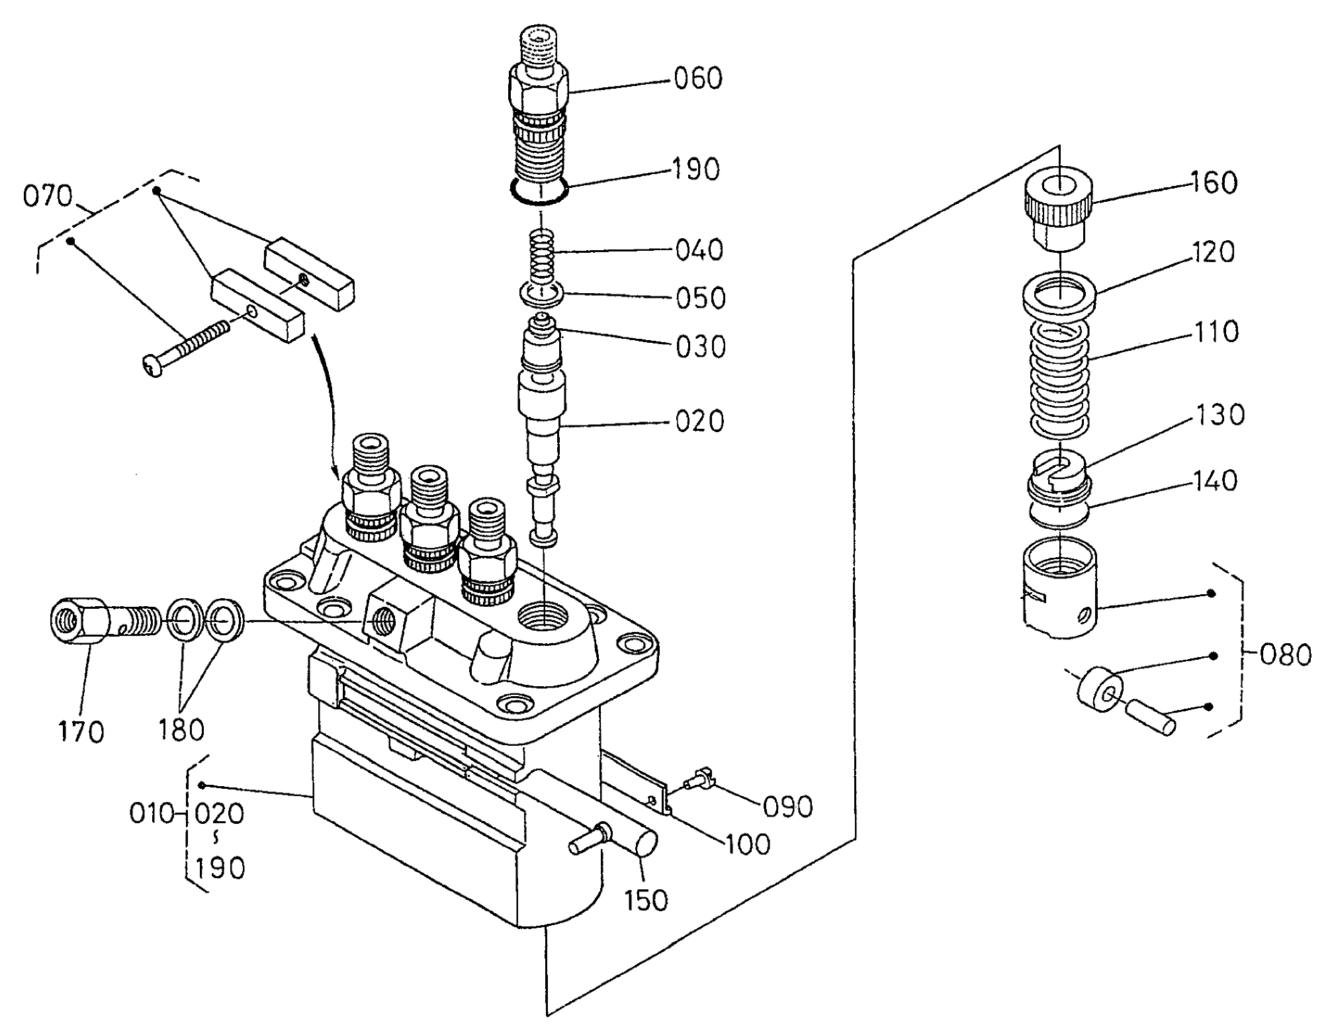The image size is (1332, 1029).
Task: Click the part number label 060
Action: coord(698,78)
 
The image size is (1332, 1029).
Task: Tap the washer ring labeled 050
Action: coord(541,293)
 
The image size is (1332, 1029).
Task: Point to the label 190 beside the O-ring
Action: coord(697,170)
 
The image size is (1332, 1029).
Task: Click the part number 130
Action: coord(1220,415)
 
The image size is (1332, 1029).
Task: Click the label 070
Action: coord(47,197)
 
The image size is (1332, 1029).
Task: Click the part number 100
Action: coord(748,844)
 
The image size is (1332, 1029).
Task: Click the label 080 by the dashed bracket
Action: coord(1285,654)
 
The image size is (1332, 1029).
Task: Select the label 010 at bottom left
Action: coord(152,813)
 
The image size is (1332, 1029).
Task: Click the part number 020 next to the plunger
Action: coord(699,422)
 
